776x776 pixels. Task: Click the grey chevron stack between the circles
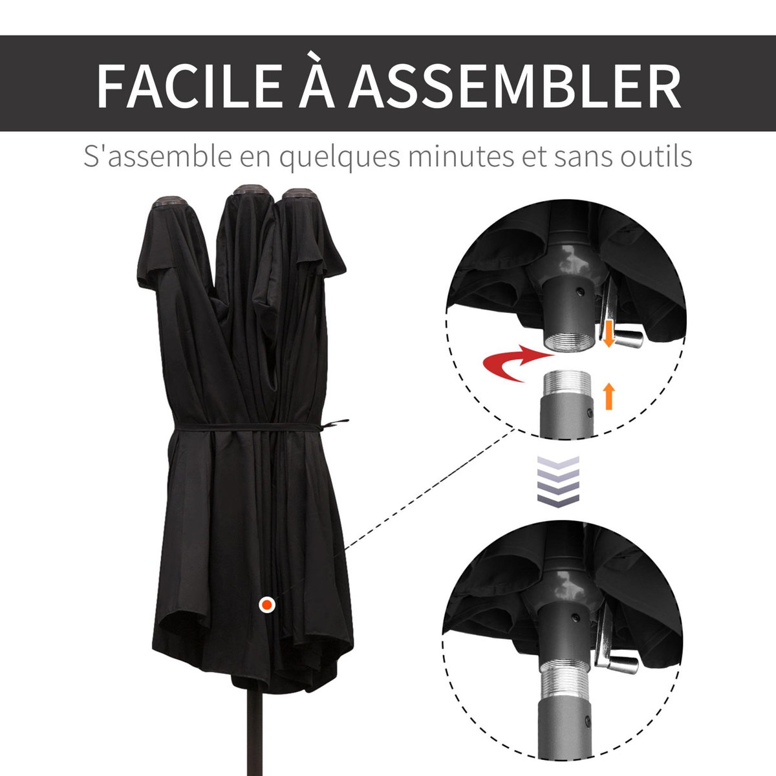click(557, 481)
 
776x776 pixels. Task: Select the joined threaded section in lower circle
click(565, 685)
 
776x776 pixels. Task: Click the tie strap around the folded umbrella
click(259, 427)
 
